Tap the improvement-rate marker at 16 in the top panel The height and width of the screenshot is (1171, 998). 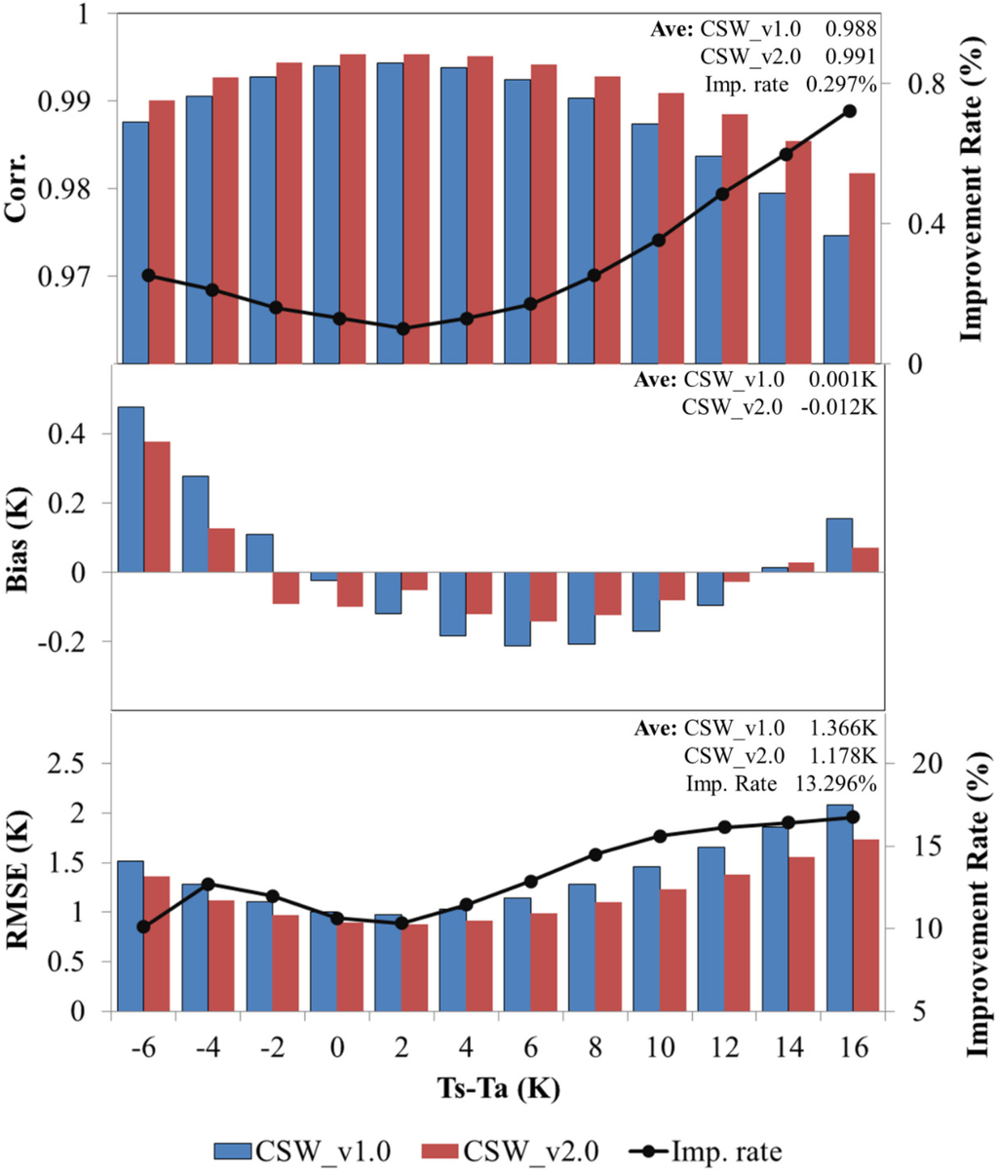tap(849, 111)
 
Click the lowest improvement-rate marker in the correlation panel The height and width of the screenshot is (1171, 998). tap(403, 328)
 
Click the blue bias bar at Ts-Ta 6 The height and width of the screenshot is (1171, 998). tap(517, 609)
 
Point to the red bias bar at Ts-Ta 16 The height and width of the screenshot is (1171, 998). tap(865, 560)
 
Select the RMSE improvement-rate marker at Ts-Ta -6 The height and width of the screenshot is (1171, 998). tap(143, 926)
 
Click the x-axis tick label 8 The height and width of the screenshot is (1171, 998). tap(595, 1048)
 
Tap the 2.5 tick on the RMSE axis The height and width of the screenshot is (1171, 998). tap(78, 764)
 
